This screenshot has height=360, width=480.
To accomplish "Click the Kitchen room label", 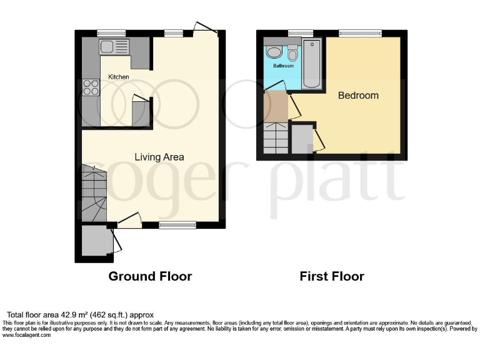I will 119,77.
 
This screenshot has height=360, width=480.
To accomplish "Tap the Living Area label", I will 159,157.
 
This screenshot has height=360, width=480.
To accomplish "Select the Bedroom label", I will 358,96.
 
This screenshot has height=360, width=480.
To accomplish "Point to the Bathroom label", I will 283,66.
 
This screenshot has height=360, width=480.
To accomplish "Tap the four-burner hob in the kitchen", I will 91,87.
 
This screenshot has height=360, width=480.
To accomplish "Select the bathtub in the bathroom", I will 311,64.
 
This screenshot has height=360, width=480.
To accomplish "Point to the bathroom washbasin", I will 273,51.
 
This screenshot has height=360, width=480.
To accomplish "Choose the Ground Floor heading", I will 150,276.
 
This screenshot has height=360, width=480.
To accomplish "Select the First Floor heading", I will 332,276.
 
